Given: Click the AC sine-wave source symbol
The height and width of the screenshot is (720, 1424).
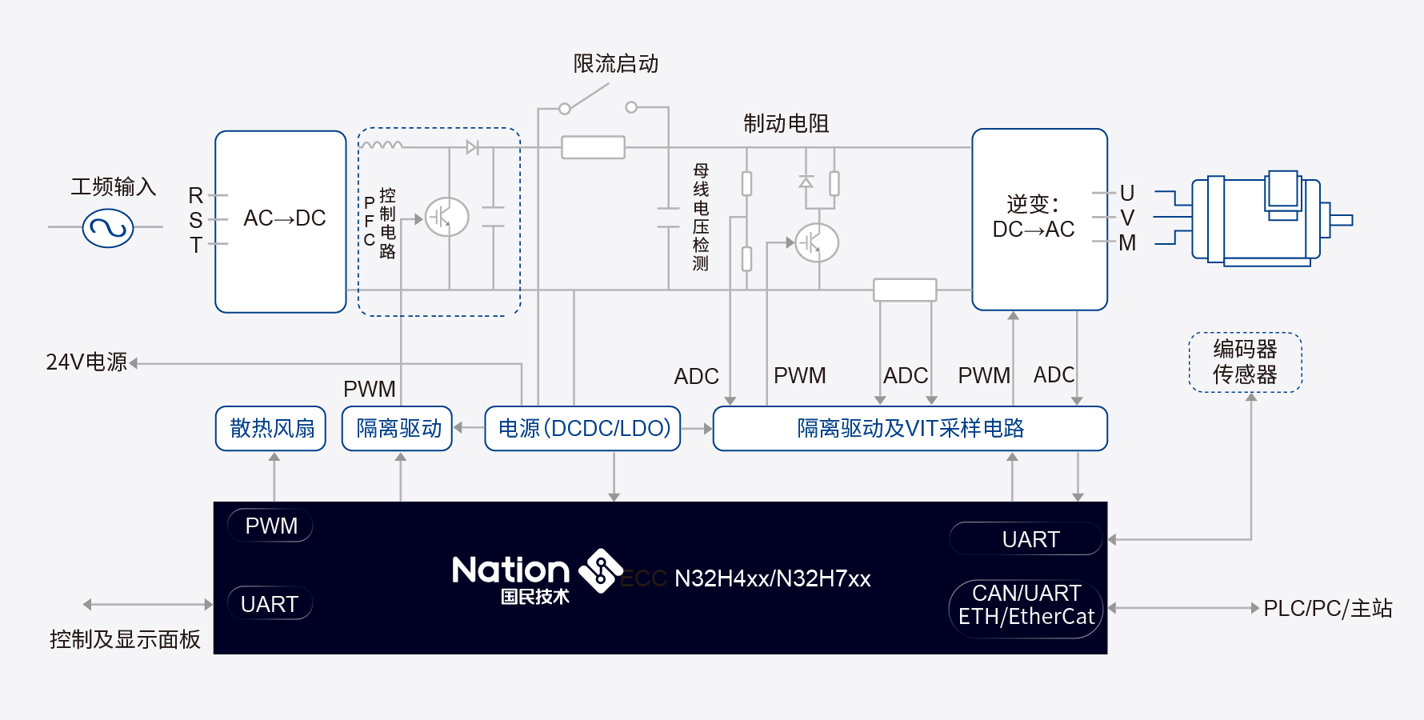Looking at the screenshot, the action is click(x=108, y=228).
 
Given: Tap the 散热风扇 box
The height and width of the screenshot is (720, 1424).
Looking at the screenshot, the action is click(x=271, y=429).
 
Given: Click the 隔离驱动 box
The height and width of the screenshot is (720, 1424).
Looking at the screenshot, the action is click(x=398, y=429).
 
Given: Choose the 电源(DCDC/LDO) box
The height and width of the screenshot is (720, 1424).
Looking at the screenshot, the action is click(x=583, y=429).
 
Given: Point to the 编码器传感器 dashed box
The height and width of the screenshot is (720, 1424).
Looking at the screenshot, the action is click(x=1246, y=362).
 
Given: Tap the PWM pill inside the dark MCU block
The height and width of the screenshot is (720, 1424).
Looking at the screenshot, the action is click(x=270, y=526).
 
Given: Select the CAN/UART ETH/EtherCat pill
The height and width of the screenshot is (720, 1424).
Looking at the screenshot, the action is click(x=1026, y=609).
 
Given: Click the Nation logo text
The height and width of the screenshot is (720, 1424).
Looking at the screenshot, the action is click(x=511, y=570).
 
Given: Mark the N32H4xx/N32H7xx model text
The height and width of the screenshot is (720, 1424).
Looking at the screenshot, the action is click(x=773, y=578).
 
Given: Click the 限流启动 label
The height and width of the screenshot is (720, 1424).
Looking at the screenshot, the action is click(x=616, y=64).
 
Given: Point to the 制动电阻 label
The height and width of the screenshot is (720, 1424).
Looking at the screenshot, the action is click(x=786, y=123).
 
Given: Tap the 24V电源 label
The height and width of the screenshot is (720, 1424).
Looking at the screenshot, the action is click(x=86, y=362).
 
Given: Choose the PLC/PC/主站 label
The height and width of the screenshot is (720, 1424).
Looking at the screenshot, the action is click(x=1328, y=609).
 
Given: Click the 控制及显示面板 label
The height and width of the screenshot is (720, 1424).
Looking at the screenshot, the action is click(x=125, y=639).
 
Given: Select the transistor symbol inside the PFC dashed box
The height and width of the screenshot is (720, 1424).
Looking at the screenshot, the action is click(x=446, y=217).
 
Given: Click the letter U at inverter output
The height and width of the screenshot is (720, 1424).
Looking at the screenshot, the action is click(x=1127, y=193).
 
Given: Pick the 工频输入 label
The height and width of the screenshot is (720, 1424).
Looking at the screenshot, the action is click(x=114, y=187).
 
